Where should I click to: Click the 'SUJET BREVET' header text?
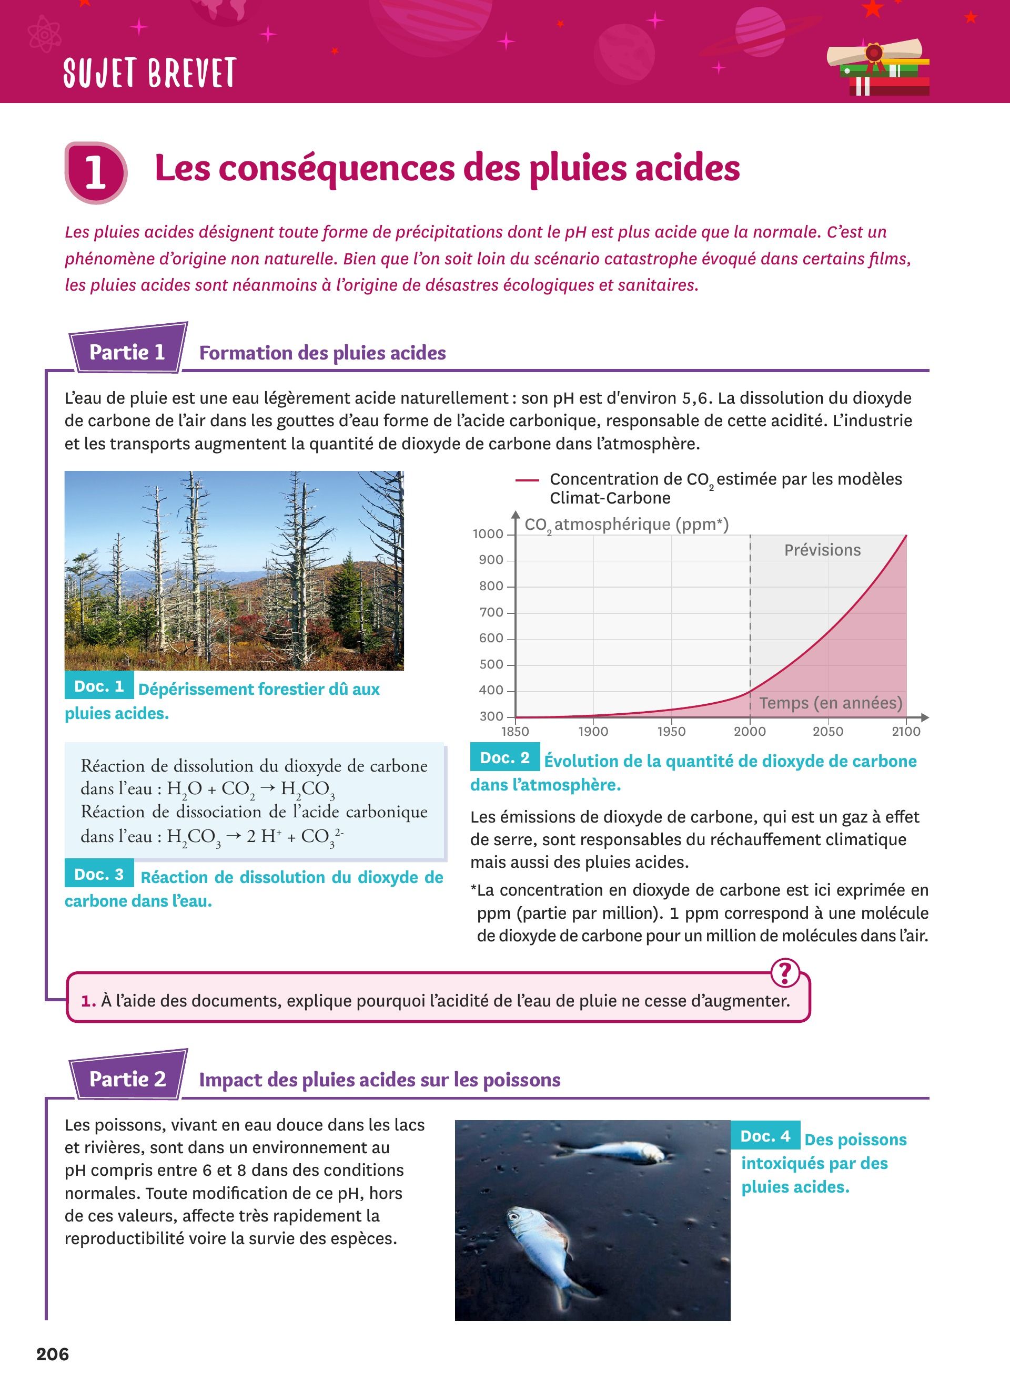click(149, 73)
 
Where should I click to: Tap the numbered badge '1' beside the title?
click(95, 172)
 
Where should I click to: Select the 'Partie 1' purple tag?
click(127, 352)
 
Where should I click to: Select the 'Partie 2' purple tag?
click(127, 1079)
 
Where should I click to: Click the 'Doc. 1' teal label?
click(99, 686)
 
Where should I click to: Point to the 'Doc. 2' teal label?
click(504, 758)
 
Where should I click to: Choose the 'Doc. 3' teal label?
click(99, 875)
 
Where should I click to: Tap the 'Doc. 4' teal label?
click(765, 1136)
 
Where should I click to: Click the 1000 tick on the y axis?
click(488, 534)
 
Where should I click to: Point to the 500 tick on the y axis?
click(491, 665)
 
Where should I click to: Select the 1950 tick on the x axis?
click(671, 731)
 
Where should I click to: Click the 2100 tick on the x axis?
click(906, 731)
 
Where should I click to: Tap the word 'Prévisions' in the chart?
click(822, 550)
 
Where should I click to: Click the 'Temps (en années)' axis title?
click(830, 703)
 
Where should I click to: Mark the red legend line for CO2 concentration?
click(527, 480)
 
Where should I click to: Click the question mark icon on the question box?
click(785, 973)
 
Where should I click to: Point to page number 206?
click(53, 1354)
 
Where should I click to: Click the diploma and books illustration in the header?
click(878, 68)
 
